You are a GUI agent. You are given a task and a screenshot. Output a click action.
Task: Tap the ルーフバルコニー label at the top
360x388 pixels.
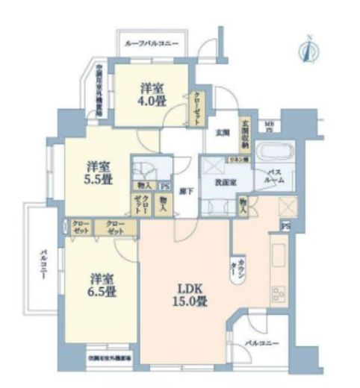[x=158, y=44]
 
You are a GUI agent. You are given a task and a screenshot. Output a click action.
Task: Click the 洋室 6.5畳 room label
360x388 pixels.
[x=99, y=283]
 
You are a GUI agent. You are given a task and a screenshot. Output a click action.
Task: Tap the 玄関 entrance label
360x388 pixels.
[x=223, y=134]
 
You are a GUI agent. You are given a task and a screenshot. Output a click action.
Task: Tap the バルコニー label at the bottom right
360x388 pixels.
[x=261, y=343]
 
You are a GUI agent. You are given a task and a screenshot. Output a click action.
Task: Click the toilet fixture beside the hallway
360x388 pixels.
[x=143, y=168]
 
